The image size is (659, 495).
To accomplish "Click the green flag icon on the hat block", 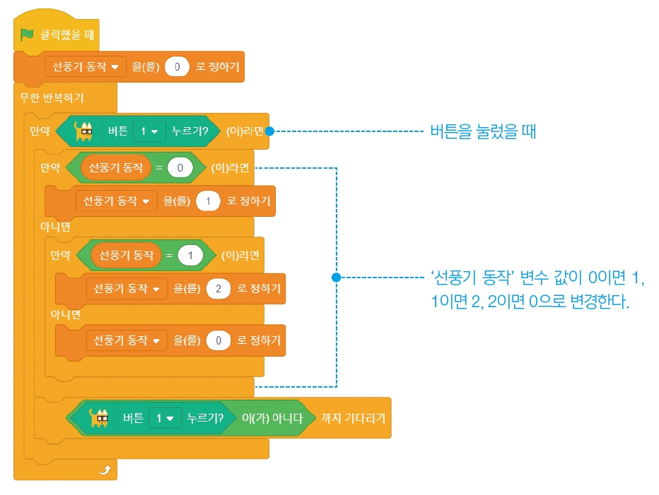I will click(28, 34).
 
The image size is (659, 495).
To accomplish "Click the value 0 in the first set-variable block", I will click(177, 67).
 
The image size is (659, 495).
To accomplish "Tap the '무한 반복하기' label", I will click(52, 96).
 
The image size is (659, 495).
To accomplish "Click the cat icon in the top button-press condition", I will click(85, 131).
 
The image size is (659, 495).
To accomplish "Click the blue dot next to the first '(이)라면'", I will click(269, 131).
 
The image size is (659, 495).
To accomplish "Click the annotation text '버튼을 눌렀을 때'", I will click(483, 131).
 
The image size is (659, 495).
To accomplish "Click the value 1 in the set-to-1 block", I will click(208, 201).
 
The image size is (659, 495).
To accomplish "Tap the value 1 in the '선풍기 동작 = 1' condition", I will click(190, 255).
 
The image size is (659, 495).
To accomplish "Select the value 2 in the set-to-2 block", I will click(218, 288).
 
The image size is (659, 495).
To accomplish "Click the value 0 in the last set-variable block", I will click(218, 340).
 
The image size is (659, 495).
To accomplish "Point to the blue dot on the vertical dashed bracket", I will click(336, 278).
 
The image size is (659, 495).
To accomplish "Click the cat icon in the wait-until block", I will click(99, 417).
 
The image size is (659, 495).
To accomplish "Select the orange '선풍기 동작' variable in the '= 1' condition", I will click(126, 255).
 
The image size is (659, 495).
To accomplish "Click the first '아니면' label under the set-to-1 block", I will click(55, 226).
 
